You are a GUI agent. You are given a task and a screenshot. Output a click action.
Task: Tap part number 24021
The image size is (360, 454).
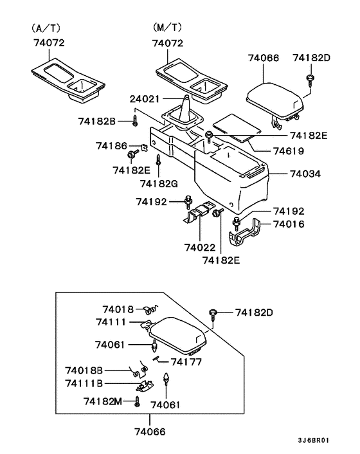point(144,100)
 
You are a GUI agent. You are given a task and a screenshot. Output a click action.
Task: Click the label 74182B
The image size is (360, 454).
point(97,121)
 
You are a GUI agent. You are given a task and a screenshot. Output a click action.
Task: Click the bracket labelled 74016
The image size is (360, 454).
point(250,233)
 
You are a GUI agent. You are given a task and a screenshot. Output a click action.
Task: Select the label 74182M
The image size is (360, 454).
point(102,401)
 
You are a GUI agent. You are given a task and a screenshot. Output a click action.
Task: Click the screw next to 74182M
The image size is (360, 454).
point(137,402)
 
